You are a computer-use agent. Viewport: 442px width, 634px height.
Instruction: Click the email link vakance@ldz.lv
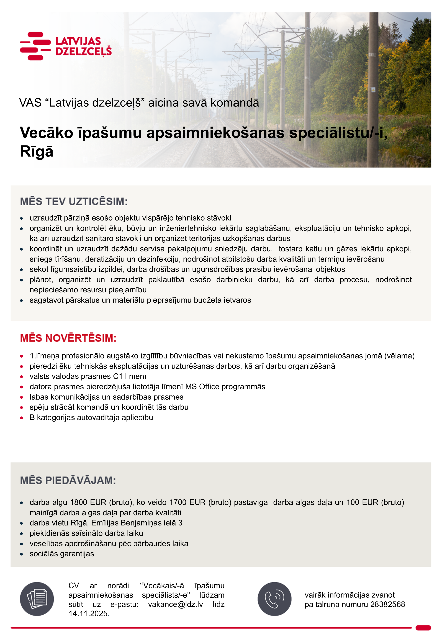175,604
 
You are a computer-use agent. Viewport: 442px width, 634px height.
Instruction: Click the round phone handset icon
274,599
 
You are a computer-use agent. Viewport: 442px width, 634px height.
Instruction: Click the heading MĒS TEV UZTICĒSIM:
74,202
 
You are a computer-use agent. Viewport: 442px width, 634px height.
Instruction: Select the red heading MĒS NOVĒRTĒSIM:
68,338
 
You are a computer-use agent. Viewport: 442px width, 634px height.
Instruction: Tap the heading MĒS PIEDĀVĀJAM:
68,481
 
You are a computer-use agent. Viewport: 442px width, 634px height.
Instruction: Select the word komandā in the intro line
235,103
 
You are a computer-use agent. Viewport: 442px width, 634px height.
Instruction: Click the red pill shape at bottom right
423,628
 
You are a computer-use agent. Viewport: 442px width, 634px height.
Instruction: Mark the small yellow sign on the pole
373,90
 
